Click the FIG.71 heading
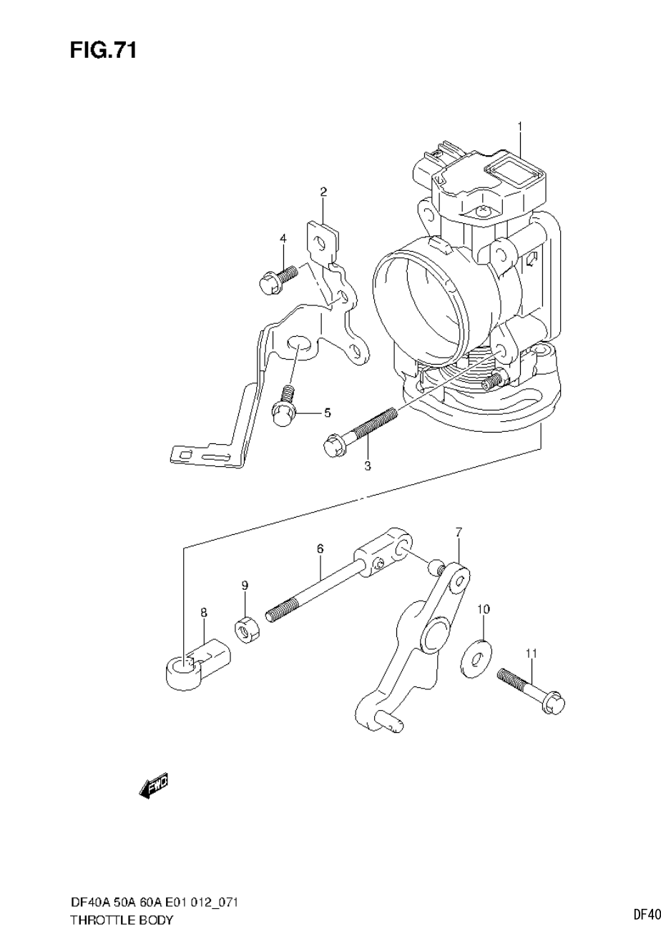pos(103,51)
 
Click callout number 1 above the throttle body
pos(520,127)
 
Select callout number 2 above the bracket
pos(323,192)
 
